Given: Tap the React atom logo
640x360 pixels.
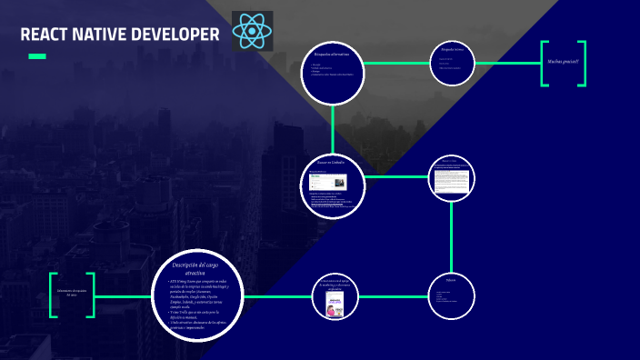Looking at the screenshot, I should click(252, 32).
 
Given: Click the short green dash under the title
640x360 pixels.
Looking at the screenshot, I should click(37, 56).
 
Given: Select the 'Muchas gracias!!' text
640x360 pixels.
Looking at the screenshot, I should click(564, 62).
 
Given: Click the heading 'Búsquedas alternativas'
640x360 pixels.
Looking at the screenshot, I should click(333, 55).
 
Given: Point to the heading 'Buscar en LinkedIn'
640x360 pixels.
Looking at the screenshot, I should click(333, 163).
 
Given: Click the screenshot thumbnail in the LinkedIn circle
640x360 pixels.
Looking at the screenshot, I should click(325, 181).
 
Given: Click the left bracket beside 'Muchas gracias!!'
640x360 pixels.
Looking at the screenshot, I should click(545, 63).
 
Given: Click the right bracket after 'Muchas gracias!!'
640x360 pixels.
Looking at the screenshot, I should click(584, 63).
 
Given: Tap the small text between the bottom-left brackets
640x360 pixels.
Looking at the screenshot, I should click(73, 293).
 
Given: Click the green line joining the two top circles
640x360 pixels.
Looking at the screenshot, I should click(396, 63).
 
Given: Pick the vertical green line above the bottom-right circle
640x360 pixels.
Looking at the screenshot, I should click(452, 236).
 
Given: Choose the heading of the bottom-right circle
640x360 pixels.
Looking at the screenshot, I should click(452, 280).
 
